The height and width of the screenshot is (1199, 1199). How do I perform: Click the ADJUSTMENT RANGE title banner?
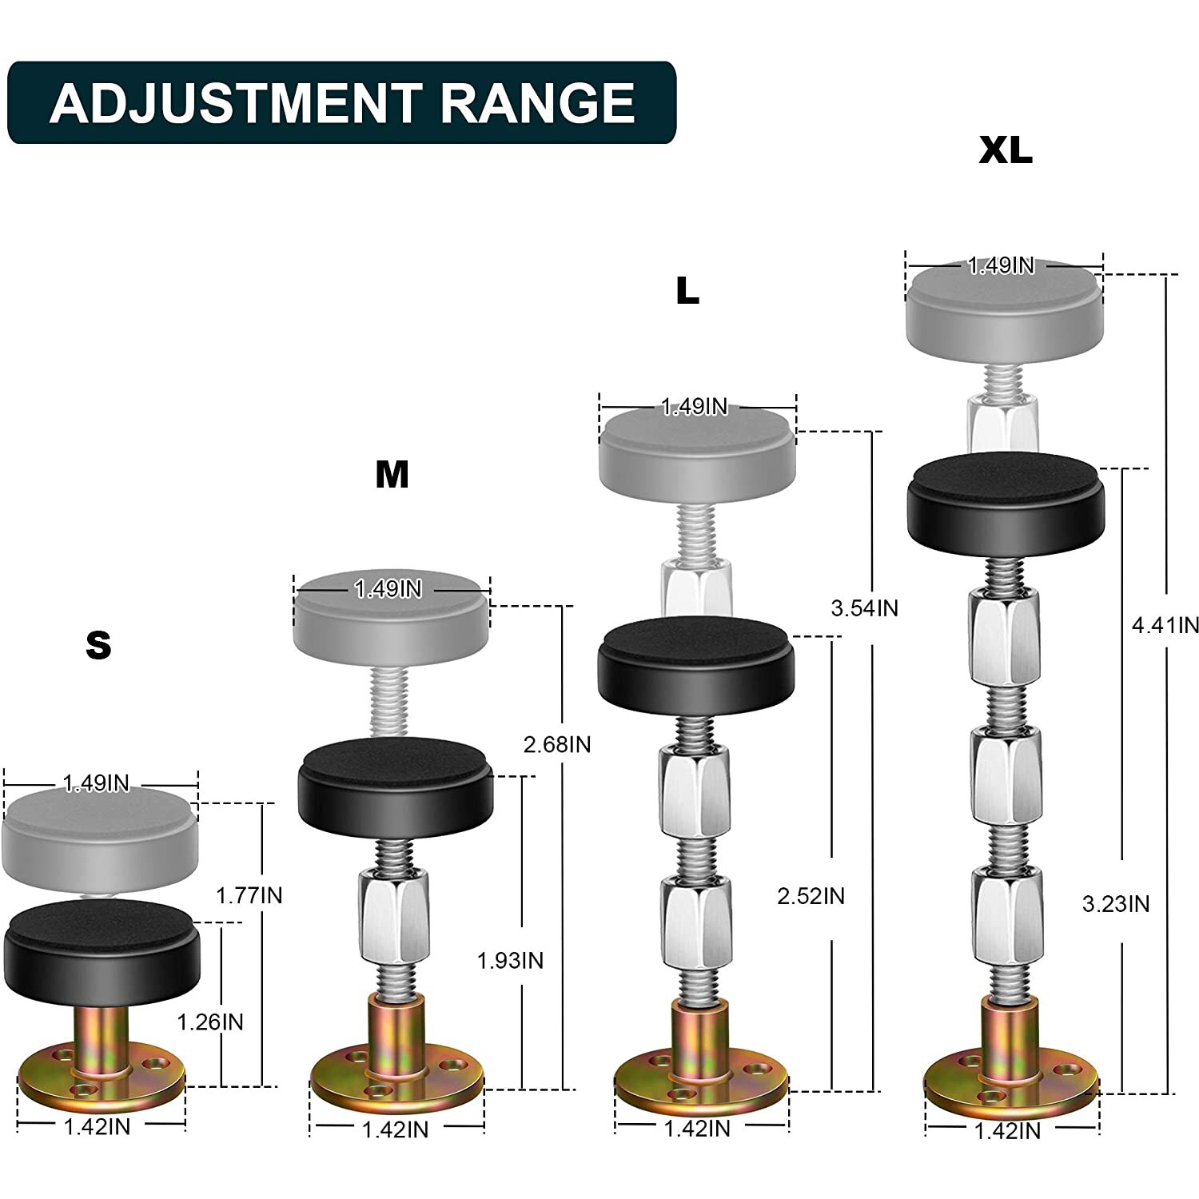coord(341,102)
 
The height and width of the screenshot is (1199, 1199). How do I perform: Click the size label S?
coord(98,645)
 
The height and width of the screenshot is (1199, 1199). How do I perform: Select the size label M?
coord(392,475)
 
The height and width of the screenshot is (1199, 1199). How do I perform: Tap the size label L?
coord(687,292)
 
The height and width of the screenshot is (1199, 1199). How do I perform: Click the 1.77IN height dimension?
coord(249,895)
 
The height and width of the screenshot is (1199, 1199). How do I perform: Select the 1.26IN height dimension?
coord(210,1022)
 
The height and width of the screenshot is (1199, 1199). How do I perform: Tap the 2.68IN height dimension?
coord(557,745)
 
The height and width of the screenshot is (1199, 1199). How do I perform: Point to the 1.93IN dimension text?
coord(510,960)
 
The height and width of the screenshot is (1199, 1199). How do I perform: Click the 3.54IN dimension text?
coord(864,608)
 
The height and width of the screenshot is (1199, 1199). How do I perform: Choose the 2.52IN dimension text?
coord(811,896)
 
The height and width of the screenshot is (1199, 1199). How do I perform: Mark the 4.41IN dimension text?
coord(1165,624)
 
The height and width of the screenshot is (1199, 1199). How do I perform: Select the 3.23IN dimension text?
coord(1116,904)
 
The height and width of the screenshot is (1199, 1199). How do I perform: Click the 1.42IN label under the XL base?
coord(1008,1131)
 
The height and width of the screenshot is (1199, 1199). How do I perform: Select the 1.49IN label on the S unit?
coord(96,783)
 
